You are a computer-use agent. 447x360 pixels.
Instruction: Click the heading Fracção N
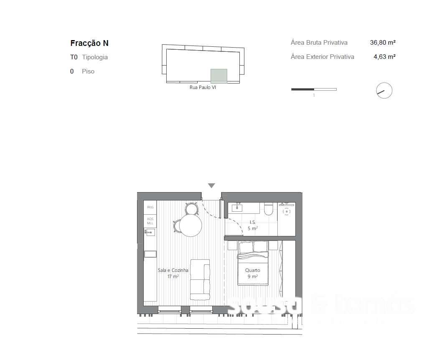point(89,43)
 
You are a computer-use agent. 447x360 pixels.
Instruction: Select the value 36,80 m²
point(383,43)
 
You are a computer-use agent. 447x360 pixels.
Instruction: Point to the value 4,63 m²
point(384,57)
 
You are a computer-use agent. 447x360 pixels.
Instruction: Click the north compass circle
point(384,91)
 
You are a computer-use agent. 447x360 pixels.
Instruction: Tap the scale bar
point(314,89)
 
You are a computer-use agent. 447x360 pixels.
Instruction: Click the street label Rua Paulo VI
point(203,88)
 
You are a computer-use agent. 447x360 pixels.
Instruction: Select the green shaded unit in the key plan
point(218,76)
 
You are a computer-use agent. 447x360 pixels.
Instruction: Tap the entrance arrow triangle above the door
point(211,186)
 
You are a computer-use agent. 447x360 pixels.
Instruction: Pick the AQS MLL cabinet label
point(150,221)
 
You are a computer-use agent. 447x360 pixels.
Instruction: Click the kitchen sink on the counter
point(150,232)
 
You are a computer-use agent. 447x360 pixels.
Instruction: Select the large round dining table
point(190,226)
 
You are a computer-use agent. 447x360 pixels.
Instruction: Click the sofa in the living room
point(200,279)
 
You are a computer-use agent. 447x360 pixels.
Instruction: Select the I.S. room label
point(252,222)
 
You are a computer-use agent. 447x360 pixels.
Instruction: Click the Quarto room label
point(252,270)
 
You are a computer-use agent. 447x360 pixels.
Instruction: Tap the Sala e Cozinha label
point(173,270)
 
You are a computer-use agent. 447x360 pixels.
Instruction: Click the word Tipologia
point(95,57)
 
